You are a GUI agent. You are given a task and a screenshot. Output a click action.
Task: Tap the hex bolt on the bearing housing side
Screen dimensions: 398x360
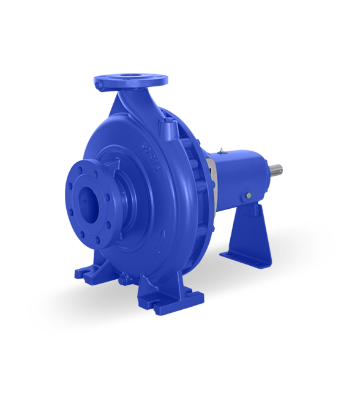tap(248, 195)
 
